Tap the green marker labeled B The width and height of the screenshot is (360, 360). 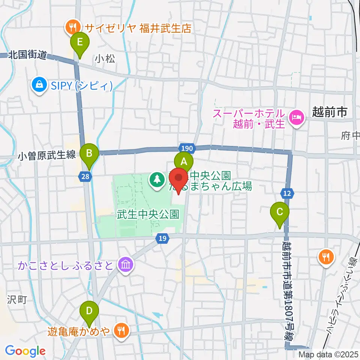point(89,153)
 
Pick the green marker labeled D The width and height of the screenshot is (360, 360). point(89,311)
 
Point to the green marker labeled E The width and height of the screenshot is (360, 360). point(79,42)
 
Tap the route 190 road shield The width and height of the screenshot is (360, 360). point(188,148)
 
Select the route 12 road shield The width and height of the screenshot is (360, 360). point(287,193)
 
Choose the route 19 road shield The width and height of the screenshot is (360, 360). point(162,238)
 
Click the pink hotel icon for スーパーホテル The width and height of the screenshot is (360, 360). point(297,117)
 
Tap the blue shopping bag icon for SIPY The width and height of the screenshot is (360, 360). point(39,85)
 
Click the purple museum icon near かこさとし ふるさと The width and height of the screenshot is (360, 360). point(124,265)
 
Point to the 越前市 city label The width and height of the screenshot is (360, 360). point(330,112)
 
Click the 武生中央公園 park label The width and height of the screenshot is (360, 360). point(147,214)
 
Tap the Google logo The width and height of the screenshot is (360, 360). point(25,351)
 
